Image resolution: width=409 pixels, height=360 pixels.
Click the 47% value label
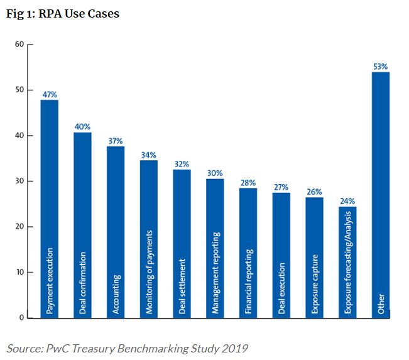pos(50,94)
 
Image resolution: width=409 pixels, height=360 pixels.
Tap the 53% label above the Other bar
pos(381,66)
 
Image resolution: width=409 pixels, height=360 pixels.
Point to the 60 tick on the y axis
pos(19,44)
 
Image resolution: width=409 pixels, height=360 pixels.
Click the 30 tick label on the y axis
pos(19,181)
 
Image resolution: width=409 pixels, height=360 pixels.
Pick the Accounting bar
pos(116,232)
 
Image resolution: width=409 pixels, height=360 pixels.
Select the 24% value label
pos(347,201)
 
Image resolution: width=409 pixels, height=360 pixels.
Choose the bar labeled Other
pos(381,195)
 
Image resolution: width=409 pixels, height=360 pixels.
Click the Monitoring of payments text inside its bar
pos(149,272)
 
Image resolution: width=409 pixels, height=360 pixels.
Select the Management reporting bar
pos(215,248)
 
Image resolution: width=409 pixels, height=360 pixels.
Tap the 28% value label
pos(248,182)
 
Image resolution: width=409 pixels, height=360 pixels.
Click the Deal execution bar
pos(281,255)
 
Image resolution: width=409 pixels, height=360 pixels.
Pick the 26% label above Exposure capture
pos(314,192)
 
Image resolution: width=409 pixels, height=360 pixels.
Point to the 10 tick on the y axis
pos(19,272)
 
